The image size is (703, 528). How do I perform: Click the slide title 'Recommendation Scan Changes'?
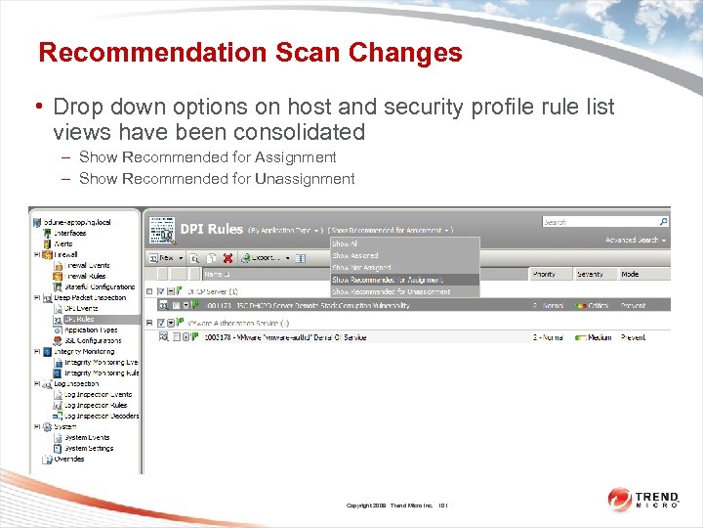(x=250, y=53)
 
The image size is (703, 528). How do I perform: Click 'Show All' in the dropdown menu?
(x=345, y=243)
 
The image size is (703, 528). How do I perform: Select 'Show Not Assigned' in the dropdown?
(x=361, y=267)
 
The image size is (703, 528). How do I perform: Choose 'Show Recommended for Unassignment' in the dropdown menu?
(x=391, y=291)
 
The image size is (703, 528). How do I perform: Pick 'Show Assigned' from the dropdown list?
(x=354, y=255)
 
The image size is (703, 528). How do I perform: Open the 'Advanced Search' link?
(x=635, y=240)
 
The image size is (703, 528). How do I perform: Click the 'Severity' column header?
(x=590, y=275)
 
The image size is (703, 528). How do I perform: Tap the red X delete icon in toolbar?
(x=227, y=258)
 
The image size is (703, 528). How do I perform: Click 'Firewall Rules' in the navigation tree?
(x=88, y=277)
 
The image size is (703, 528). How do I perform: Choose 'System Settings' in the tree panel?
(x=89, y=448)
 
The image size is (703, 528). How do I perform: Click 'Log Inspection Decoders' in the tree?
(x=102, y=416)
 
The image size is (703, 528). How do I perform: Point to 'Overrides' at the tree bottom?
(x=68, y=459)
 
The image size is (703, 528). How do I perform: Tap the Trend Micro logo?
(x=643, y=499)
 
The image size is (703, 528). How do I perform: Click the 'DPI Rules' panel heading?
(x=211, y=229)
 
